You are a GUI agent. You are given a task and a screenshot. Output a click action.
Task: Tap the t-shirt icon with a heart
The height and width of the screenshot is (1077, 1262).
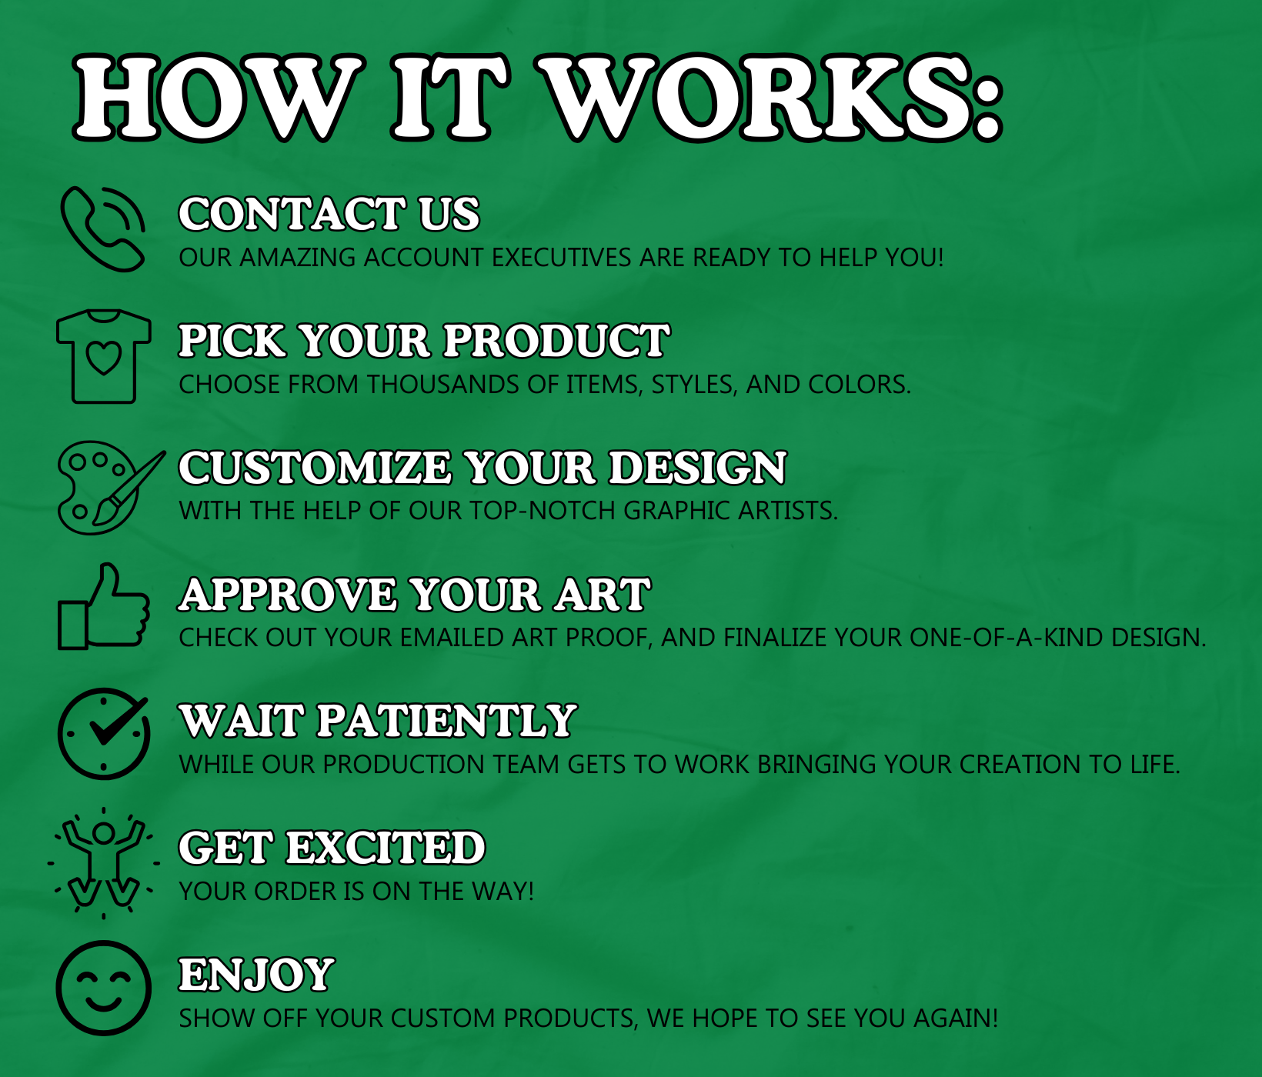tap(103, 355)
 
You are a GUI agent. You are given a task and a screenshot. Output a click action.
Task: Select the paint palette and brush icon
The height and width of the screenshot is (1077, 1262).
tap(110, 488)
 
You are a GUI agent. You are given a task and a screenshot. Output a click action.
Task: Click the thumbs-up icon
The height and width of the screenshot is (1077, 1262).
tap(103, 607)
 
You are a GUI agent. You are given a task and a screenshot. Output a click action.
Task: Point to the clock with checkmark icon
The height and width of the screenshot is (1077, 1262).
tap(103, 734)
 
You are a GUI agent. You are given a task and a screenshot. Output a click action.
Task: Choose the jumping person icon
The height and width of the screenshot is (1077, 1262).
tap(103, 862)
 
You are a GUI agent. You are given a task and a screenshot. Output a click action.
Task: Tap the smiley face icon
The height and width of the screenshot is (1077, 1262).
tap(103, 988)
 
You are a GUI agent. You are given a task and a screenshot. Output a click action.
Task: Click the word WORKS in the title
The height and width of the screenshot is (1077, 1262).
tap(770, 98)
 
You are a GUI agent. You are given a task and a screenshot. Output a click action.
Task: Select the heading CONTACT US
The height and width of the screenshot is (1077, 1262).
tap(329, 214)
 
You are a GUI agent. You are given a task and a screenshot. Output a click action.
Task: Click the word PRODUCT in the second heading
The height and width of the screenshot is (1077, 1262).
tap(556, 341)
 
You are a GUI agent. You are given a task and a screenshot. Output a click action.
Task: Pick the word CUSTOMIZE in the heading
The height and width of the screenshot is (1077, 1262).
tap(315, 468)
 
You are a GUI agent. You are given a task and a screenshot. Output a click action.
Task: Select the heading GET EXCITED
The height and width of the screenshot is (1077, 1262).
tap(332, 848)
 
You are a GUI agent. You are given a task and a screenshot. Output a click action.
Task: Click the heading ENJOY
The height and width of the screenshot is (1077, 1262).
tap(256, 975)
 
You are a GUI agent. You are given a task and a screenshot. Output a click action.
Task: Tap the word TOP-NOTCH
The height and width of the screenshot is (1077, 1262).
tap(543, 510)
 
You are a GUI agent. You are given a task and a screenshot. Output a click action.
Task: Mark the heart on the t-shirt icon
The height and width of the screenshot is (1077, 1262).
tap(104, 358)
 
